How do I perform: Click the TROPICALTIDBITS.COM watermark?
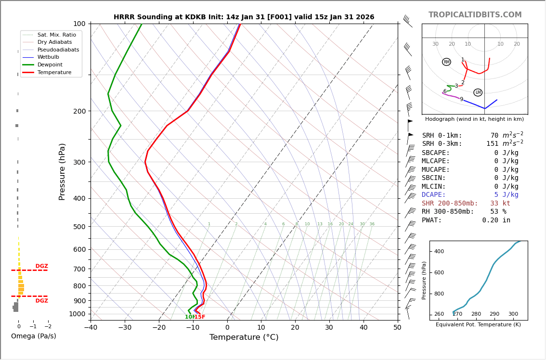[475, 15]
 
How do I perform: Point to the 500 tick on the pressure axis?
[79, 227]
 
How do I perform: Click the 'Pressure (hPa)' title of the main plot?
[62, 171]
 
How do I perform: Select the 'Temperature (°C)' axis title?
[244, 337]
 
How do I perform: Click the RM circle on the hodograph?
[446, 62]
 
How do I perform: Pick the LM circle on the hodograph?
[478, 92]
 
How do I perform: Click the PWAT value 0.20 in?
[496, 220]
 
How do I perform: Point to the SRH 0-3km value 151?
[492, 144]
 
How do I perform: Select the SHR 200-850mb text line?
[466, 204]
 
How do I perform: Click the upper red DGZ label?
[41, 266]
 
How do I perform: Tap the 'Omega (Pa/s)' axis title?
[33, 336]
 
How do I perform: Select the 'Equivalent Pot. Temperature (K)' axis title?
[478, 325]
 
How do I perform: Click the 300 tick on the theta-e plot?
[513, 314]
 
